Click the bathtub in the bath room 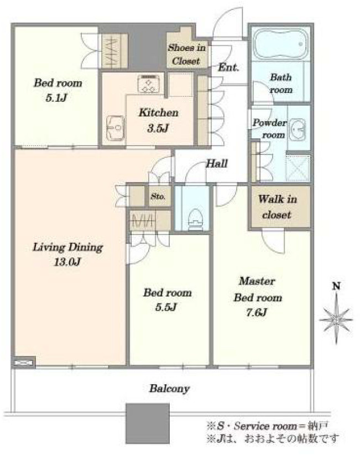[x=280, y=44]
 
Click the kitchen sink [x=116, y=128]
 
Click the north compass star [x=336, y=319]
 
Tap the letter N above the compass [x=336, y=286]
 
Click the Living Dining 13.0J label [x=68, y=255]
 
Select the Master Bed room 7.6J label [x=257, y=297]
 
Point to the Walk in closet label [x=278, y=206]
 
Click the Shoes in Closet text [x=187, y=54]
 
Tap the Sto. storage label [x=158, y=197]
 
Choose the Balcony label [x=170, y=389]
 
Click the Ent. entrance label [x=228, y=68]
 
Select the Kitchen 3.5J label [x=158, y=120]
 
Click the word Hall [x=217, y=164]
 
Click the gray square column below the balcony [x=148, y=423]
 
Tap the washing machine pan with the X [x=298, y=168]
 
